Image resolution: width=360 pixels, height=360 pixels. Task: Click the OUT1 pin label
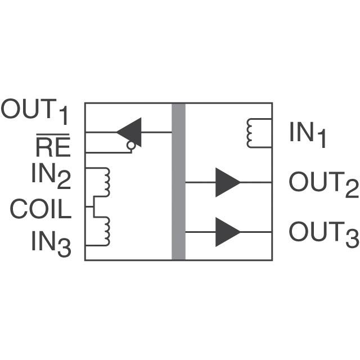[x=35, y=111]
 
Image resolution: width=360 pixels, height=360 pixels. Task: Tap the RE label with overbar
[x=53, y=148]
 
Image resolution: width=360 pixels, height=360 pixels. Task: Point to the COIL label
[x=40, y=209]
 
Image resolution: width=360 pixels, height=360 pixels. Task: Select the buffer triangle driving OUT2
[x=226, y=182]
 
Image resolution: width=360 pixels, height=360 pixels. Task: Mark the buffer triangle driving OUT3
[x=226, y=231]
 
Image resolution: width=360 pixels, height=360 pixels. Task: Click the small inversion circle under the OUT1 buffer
[x=130, y=146]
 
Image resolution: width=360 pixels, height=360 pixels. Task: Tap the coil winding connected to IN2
[x=105, y=181]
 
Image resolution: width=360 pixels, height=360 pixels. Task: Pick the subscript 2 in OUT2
[x=352, y=190]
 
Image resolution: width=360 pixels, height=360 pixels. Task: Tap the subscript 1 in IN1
[x=321, y=141]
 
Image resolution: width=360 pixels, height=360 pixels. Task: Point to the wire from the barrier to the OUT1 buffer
[x=157, y=132]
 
